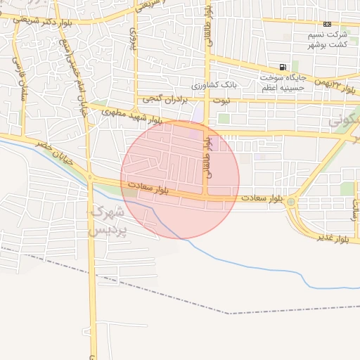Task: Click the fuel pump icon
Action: tap(283, 67)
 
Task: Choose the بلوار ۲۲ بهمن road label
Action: tap(330, 83)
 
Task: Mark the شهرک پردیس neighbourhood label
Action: tap(108, 220)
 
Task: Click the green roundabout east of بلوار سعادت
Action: tap(291, 202)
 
